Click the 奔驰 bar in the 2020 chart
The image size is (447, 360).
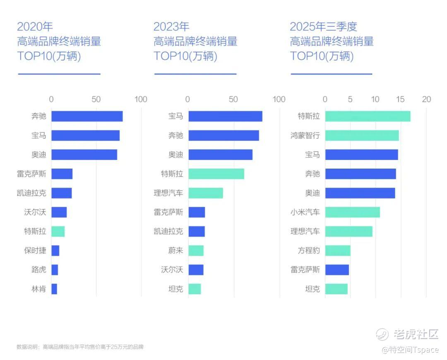click(x=87, y=116)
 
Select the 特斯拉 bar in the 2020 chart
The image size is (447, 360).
click(x=58, y=232)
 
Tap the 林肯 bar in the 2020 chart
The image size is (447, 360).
click(x=54, y=289)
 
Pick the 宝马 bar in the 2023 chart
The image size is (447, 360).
click(x=225, y=116)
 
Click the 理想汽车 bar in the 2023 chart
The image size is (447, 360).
click(x=206, y=193)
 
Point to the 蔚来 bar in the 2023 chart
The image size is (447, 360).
click(x=196, y=251)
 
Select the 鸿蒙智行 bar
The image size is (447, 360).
click(x=362, y=135)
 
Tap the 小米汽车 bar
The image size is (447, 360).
click(x=352, y=212)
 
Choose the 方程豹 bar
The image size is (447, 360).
click(x=338, y=251)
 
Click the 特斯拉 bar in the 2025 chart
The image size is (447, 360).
click(x=368, y=116)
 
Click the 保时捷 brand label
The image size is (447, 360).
click(x=35, y=251)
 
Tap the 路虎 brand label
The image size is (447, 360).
click(x=39, y=270)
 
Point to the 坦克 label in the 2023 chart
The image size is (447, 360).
click(x=175, y=289)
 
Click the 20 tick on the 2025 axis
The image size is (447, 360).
click(x=426, y=99)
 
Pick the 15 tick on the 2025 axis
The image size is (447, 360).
click(x=400, y=99)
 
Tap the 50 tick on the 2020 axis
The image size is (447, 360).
click(x=96, y=99)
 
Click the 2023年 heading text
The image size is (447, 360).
click(x=171, y=27)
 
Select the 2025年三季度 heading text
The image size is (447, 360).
click(x=323, y=27)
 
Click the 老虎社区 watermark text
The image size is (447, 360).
click(x=416, y=334)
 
